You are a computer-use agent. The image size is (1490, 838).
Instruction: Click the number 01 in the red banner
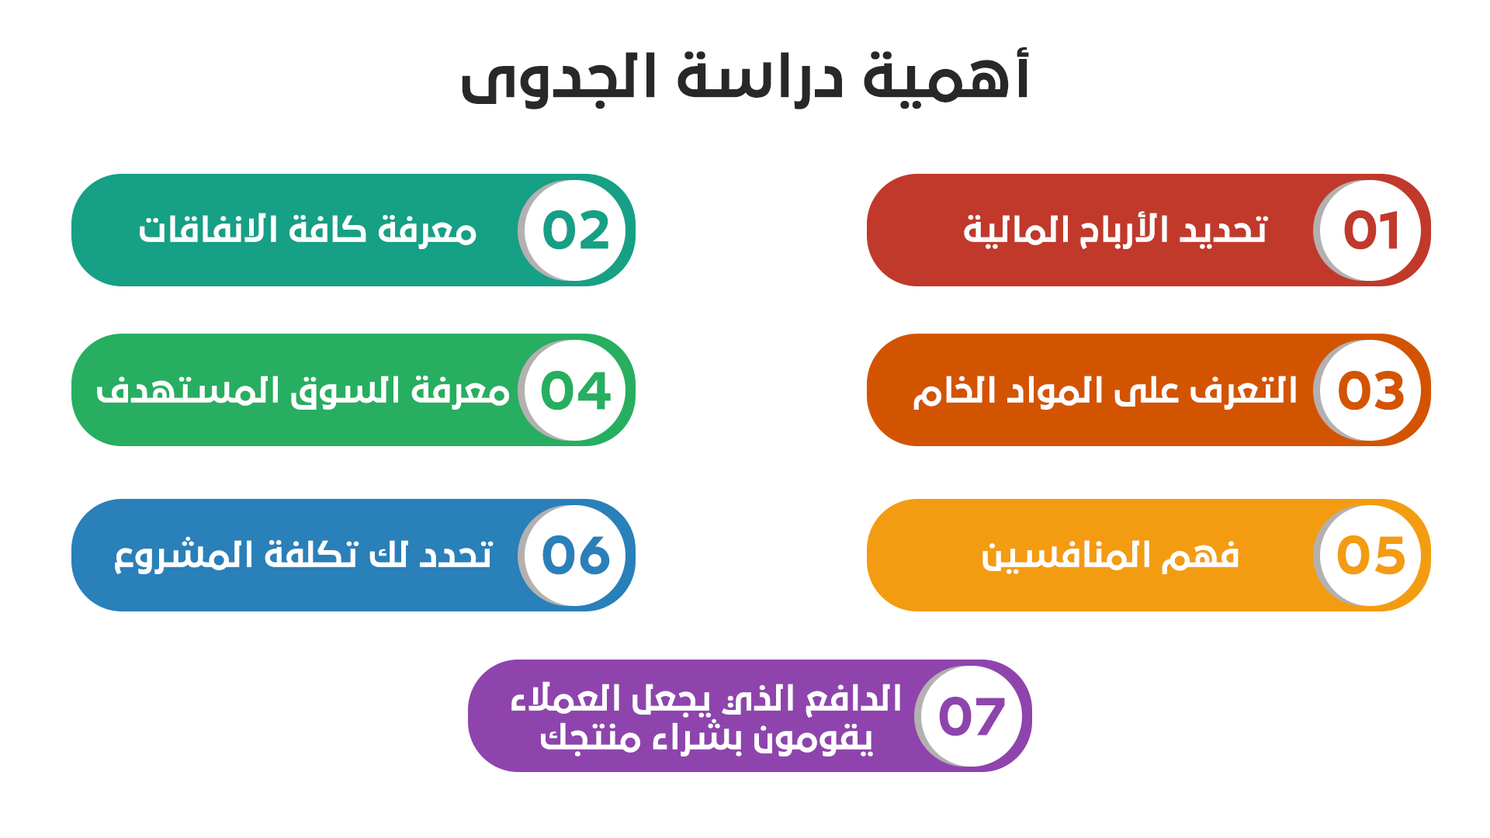click(x=1371, y=230)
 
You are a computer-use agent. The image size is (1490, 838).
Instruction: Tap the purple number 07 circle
click(x=972, y=716)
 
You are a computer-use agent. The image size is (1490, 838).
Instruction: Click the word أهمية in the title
click(x=946, y=78)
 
